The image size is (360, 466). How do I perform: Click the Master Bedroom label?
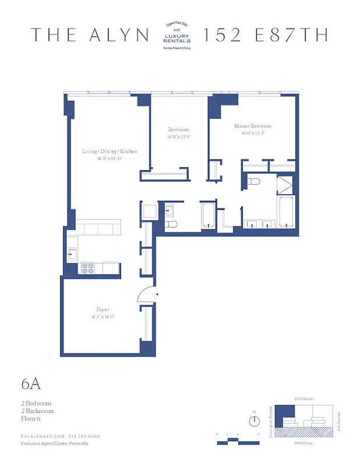pyautogui.click(x=252, y=126)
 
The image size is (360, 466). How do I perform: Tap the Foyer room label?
pyautogui.click(x=103, y=310)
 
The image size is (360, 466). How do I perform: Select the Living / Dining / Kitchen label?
pyautogui.click(x=110, y=151)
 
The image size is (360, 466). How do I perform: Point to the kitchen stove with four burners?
pyautogui.click(x=88, y=269)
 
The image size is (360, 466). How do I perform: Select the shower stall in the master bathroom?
pyautogui.click(x=285, y=185)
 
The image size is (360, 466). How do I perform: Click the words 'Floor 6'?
pyautogui.click(x=31, y=418)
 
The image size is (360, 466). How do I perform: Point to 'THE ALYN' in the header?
pyautogui.click(x=90, y=35)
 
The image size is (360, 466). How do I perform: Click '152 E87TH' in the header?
pyautogui.click(x=264, y=35)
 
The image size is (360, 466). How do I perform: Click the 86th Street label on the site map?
pyautogui.click(x=304, y=443)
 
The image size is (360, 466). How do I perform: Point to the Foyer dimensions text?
pyautogui.click(x=103, y=317)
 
